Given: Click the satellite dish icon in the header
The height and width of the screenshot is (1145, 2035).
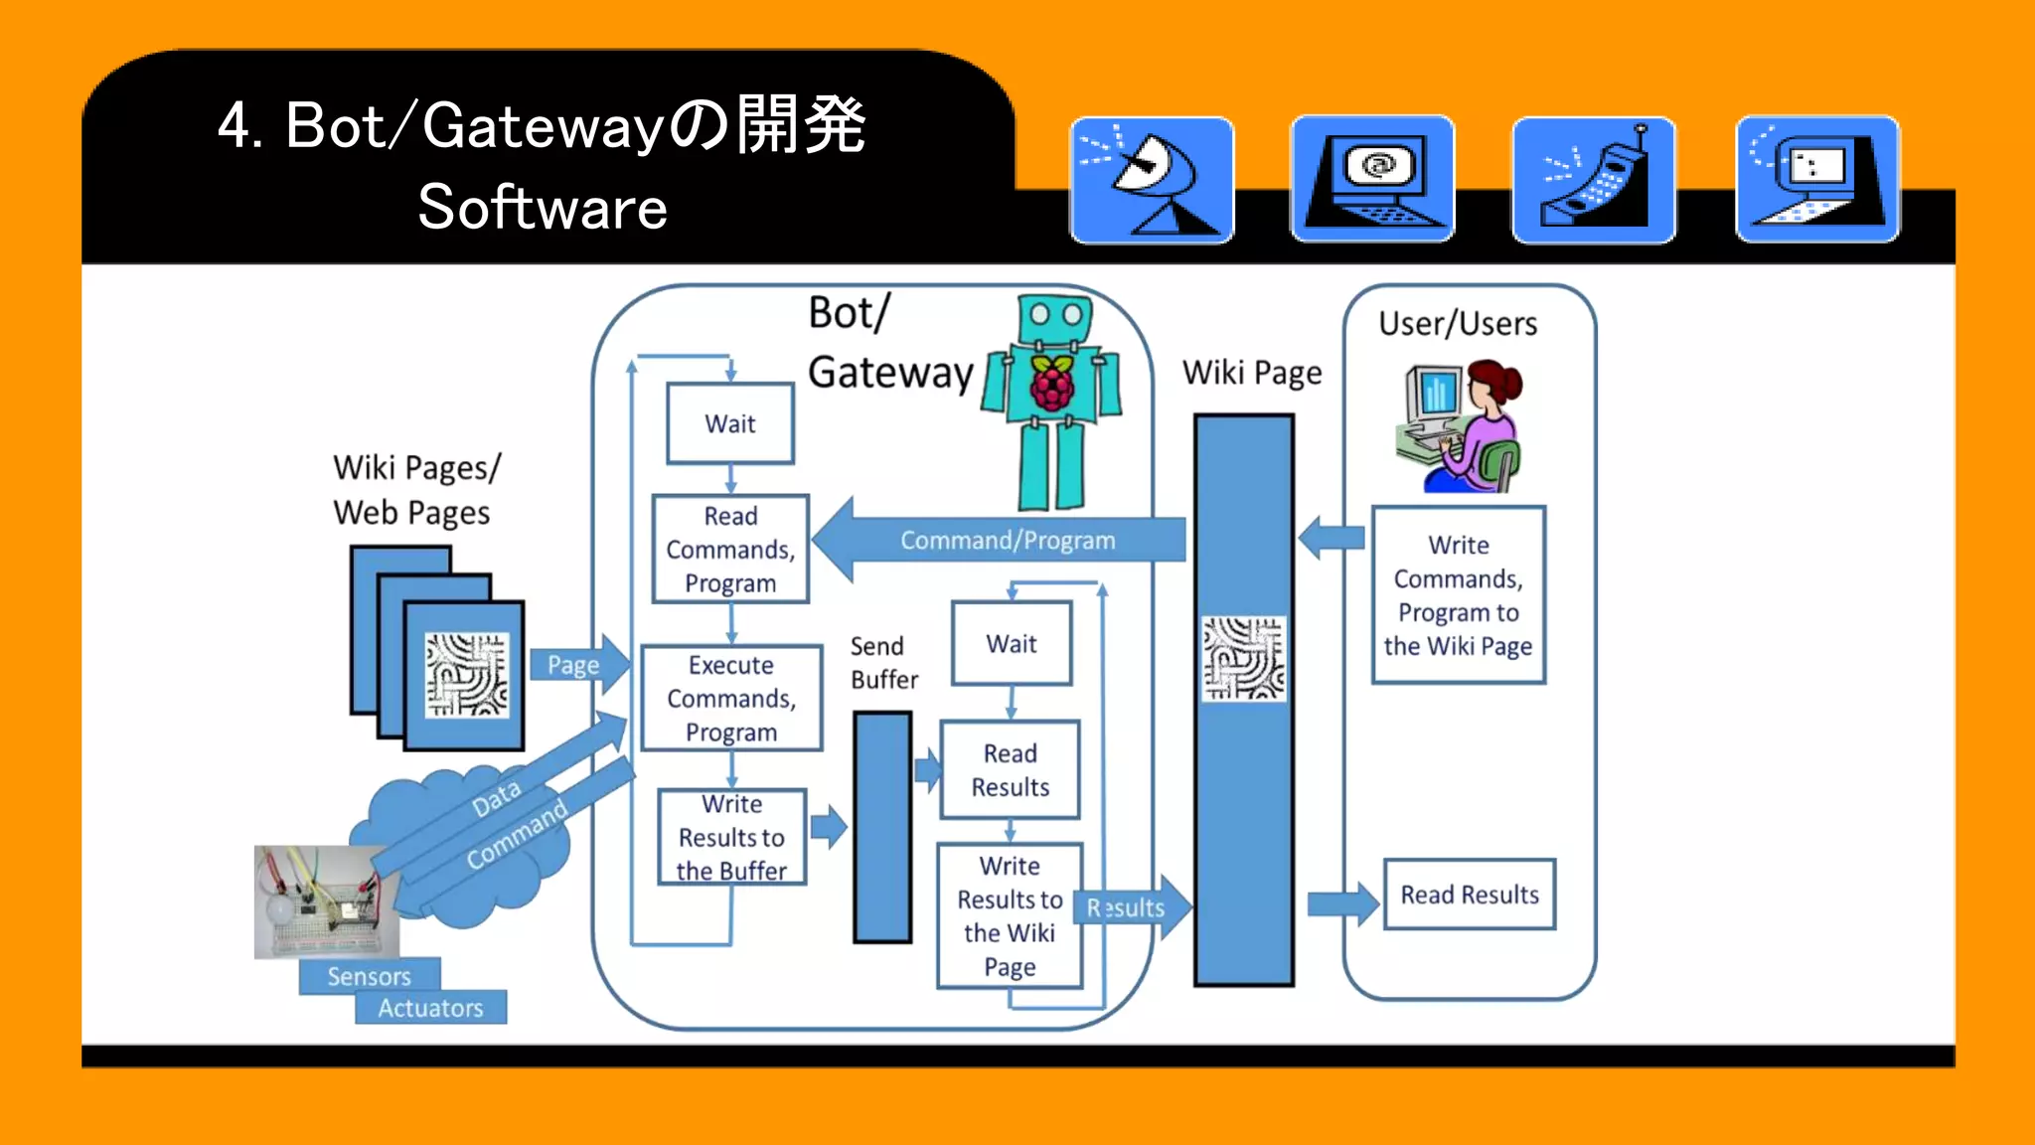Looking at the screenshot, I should (1152, 180).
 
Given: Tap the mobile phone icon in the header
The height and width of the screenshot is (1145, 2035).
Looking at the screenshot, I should (1594, 180).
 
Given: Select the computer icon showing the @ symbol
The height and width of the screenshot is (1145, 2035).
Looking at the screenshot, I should (1372, 180).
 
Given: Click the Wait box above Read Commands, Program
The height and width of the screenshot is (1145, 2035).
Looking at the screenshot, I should (730, 424).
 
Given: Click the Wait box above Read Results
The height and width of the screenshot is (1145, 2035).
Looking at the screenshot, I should (1012, 644).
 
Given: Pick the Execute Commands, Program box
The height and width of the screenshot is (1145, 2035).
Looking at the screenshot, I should (731, 699).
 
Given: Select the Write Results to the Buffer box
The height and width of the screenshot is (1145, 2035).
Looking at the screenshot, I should (732, 837).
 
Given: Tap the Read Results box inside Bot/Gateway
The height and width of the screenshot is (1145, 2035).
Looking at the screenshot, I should (1010, 770).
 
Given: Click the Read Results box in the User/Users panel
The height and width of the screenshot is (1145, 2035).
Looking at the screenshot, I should (1469, 895).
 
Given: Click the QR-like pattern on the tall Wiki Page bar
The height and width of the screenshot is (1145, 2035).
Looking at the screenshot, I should (1243, 658).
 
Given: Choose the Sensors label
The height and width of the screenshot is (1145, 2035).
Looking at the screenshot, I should (369, 976).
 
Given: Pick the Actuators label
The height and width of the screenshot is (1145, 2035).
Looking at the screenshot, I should (430, 1008).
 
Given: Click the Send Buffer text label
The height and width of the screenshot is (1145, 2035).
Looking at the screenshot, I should (883, 663).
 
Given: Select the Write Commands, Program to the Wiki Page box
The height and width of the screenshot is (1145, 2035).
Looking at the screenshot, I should (1458, 595).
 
